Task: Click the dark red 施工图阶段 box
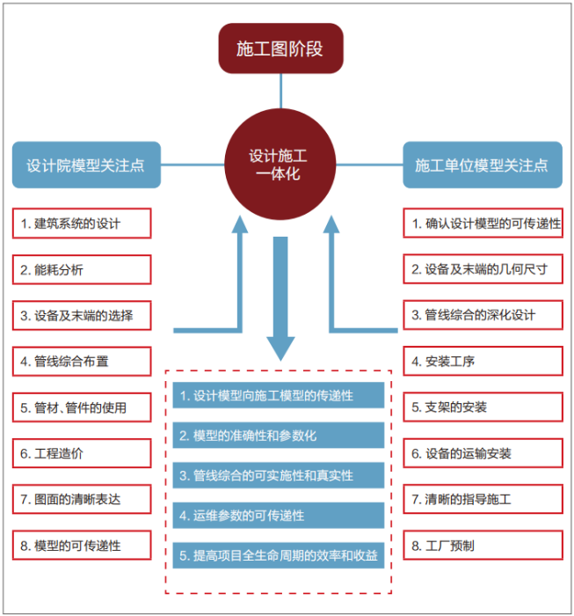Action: (280, 48)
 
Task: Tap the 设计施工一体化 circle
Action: (280, 164)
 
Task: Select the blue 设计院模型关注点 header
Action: (86, 165)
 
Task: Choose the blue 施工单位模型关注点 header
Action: (482, 165)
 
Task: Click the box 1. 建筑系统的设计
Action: (82, 224)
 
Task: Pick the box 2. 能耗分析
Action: (82, 269)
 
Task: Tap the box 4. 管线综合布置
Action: (82, 361)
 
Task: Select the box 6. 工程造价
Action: (82, 453)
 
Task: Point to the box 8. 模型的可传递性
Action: (82, 545)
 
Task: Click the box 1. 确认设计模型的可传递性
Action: (483, 224)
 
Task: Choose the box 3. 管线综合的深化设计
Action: (483, 315)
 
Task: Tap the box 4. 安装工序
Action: (483, 361)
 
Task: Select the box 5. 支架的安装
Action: (483, 407)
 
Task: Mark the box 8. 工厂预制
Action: (483, 545)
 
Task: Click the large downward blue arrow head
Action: (280, 348)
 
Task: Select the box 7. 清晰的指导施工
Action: (483, 499)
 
